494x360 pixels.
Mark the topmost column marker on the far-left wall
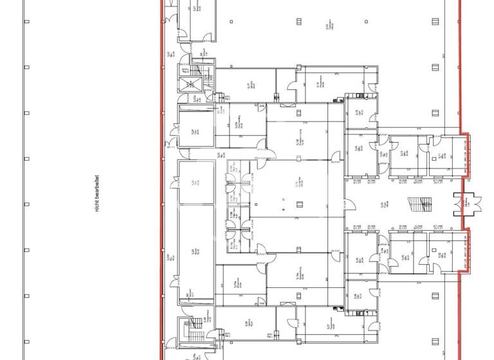[26, 21]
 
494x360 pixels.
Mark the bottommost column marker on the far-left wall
[26, 341]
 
